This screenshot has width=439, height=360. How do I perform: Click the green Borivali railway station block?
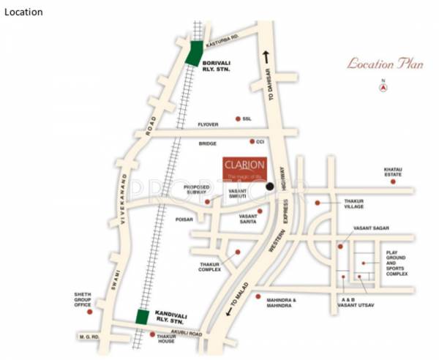click(195, 53)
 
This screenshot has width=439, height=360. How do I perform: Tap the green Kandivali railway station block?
click(143, 317)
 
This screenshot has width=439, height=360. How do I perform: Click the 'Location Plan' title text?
click(385, 64)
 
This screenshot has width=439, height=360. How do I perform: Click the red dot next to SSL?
click(238, 119)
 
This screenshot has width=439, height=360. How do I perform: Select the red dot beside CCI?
click(252, 141)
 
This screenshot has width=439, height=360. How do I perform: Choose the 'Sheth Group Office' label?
click(82, 301)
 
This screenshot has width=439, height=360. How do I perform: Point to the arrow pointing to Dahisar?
click(266, 58)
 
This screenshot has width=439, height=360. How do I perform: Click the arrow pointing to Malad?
click(230, 312)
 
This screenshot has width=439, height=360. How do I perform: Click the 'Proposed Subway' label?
click(196, 190)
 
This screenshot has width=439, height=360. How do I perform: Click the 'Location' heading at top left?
click(23, 12)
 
